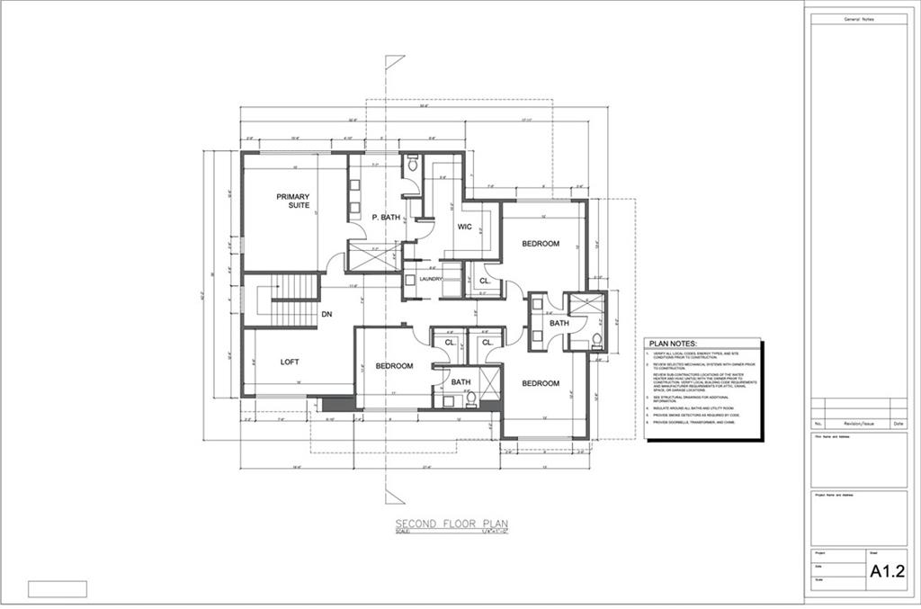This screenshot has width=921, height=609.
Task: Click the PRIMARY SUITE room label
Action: pos(293,202)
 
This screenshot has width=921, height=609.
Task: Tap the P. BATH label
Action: pos(387,217)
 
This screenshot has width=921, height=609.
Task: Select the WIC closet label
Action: pos(465,226)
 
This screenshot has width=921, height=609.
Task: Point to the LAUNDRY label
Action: pos(431,279)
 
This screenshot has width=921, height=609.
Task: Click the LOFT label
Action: pos(290,362)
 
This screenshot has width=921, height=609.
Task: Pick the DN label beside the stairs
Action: pos(329,314)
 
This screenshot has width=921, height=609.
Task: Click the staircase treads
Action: pos(294,301)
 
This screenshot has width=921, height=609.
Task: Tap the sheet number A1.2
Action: pos(887,570)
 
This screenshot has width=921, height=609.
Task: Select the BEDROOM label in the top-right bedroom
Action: pos(541,244)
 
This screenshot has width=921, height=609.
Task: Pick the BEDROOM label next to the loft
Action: pos(394,365)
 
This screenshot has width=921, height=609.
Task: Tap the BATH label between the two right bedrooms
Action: pos(559,322)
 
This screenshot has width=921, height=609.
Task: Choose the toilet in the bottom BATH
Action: pos(470,396)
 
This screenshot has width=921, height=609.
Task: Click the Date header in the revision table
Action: pos(898,423)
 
